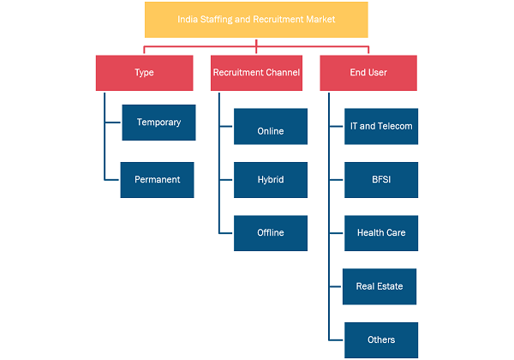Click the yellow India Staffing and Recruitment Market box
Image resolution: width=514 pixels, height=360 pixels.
[x=256, y=20]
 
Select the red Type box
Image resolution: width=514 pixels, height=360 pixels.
[x=144, y=73]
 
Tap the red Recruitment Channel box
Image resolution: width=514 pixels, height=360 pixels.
[x=256, y=73]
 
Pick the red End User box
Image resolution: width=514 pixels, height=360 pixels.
[x=368, y=73]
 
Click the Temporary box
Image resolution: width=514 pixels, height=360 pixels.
[x=158, y=123]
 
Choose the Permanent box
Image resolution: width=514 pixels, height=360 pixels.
[x=157, y=180]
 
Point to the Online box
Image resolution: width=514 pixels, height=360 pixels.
[x=271, y=126]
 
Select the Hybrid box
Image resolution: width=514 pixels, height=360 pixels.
[x=271, y=180]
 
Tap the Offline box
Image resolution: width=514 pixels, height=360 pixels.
[x=271, y=233]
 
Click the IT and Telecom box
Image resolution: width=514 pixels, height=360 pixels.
[x=381, y=126]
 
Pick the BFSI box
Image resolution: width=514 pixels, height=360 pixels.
[x=381, y=180]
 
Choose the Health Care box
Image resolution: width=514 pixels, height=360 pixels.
[x=381, y=233]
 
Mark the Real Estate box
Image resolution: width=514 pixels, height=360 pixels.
[x=380, y=286]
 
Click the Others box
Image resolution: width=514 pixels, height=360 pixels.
[x=381, y=340]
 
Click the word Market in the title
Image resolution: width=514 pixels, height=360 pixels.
[x=320, y=20]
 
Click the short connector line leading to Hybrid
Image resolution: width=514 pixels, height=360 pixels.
[x=226, y=180]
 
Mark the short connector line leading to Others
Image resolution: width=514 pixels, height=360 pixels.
[x=336, y=340]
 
